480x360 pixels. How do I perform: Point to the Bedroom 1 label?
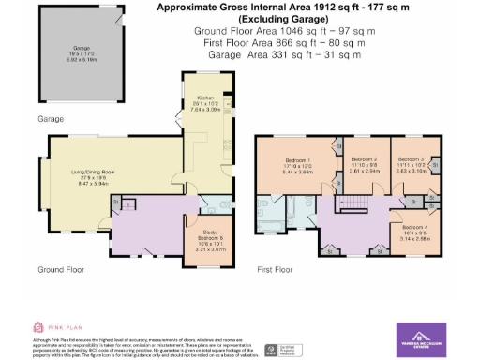[x=297, y=166]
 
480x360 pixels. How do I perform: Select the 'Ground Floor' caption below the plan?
[x=63, y=270]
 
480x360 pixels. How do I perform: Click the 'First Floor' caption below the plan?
[x=276, y=270]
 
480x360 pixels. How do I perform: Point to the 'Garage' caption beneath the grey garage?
[x=50, y=120]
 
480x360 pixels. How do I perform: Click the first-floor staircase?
[x=355, y=205]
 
